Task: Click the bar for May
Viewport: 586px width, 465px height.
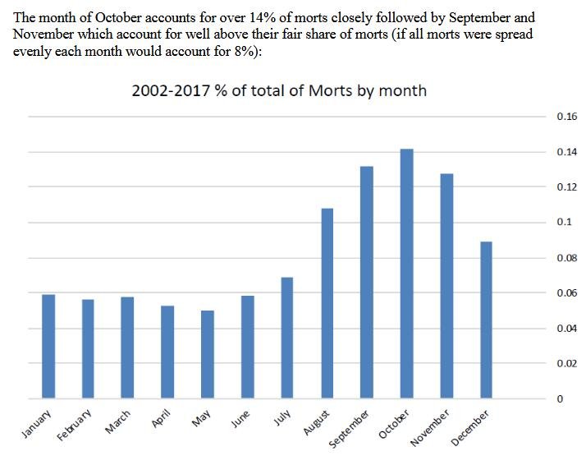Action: pyautogui.click(x=207, y=354)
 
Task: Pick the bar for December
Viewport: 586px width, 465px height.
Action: pyautogui.click(x=486, y=320)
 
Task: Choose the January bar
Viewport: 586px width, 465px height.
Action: pyautogui.click(x=48, y=346)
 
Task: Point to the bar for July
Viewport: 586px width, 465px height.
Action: pyautogui.click(x=286, y=338)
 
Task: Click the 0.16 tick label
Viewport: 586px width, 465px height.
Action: pyautogui.click(x=566, y=117)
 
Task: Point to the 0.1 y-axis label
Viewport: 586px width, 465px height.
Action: pyautogui.click(x=564, y=223)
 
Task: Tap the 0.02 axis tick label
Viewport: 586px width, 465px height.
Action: pyautogui.click(x=566, y=363)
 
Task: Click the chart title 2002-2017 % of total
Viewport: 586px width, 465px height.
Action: pyautogui.click(x=279, y=90)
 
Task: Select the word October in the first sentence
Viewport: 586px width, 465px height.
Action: pyautogui.click(x=109, y=16)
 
